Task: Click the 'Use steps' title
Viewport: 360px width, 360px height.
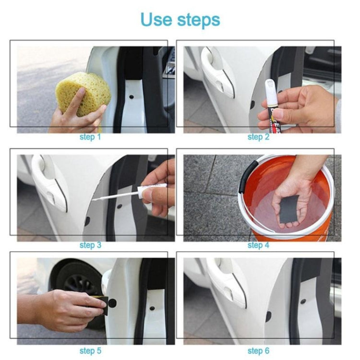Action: pyautogui.click(x=180, y=20)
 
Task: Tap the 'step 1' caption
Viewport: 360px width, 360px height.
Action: pyautogui.click(x=90, y=137)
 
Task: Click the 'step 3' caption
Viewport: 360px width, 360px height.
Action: pyautogui.click(x=90, y=245)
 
